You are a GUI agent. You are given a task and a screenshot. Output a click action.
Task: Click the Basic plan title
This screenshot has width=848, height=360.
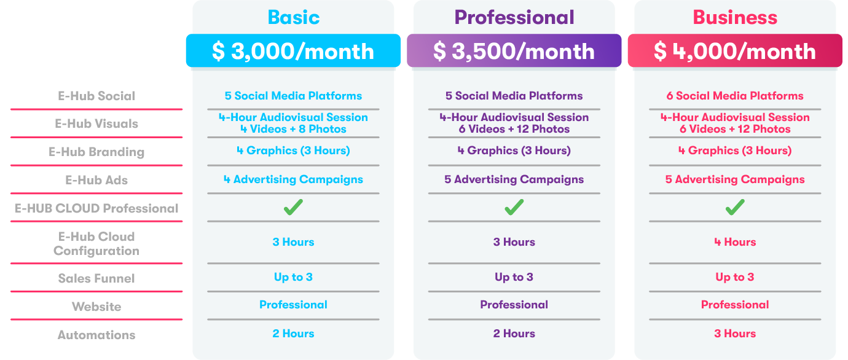coord(293,17)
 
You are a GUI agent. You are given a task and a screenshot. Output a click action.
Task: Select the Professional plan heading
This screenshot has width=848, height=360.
coord(514,17)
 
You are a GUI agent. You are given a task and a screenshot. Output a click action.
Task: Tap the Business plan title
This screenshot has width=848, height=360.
coord(735,17)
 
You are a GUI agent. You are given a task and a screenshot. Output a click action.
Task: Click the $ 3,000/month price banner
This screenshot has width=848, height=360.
coord(293,51)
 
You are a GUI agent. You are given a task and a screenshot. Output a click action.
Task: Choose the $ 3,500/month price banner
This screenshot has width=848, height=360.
coord(514,51)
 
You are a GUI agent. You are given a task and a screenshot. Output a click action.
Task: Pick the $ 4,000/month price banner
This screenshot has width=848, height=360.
coord(735,51)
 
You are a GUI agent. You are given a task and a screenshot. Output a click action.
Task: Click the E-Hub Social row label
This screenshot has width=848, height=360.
coord(96,96)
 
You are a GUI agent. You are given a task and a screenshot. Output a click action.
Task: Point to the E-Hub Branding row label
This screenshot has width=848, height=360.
coord(96,152)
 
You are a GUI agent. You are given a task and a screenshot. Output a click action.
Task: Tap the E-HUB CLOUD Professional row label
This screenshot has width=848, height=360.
coord(96,208)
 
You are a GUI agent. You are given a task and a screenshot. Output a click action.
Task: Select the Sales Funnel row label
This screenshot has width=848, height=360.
coord(96,278)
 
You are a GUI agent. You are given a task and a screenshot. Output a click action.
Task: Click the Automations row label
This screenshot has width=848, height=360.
coord(96,335)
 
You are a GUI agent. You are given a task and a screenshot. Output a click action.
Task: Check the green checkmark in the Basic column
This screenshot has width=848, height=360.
coord(293,207)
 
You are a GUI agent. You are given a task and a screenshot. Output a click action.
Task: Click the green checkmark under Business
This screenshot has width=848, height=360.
coord(735,207)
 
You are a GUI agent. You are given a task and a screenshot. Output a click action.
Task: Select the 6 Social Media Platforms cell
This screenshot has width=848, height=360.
coord(735,96)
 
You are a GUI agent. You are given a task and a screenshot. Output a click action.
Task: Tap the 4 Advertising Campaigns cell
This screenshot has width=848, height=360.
coord(293,179)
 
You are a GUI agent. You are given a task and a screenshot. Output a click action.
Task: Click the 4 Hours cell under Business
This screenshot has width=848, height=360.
coord(735,242)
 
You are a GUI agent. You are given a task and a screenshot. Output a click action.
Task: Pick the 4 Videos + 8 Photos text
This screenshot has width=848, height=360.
coord(293,129)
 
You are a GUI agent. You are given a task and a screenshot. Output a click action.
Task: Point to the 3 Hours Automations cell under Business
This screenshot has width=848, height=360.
coord(735,334)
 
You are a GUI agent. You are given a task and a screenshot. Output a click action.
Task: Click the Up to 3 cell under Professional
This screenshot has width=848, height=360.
coord(514,277)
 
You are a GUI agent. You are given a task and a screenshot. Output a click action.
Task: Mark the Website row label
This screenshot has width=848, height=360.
coord(96,307)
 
